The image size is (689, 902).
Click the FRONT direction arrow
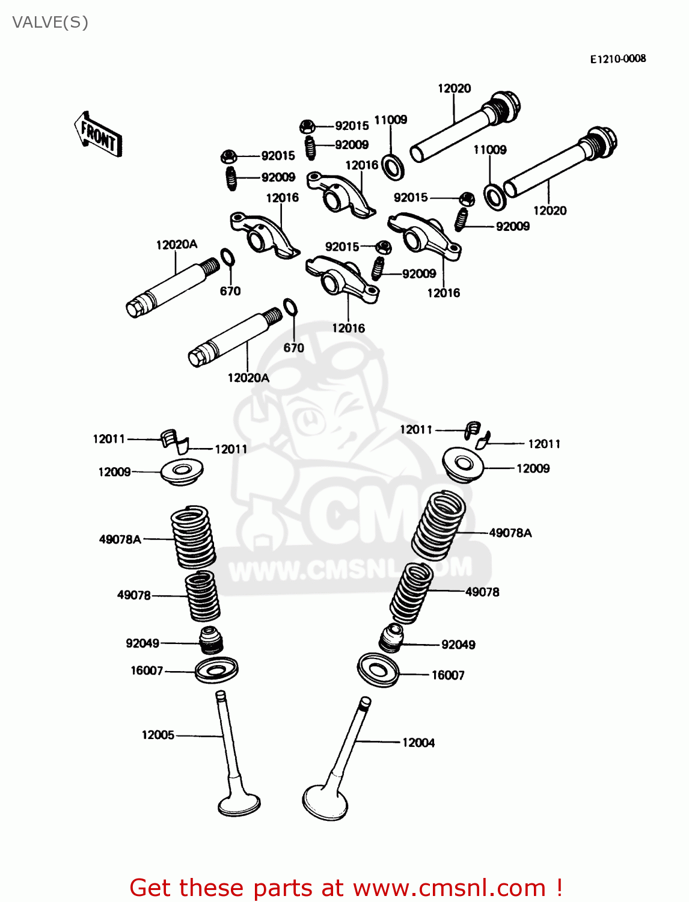point(98,135)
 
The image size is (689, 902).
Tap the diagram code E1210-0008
point(617,59)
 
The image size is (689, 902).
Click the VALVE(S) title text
point(51,23)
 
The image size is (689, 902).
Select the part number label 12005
point(158,735)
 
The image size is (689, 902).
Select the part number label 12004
point(418,743)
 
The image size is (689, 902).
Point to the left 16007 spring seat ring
point(216,670)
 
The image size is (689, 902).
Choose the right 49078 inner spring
point(412,592)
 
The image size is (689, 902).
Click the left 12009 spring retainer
point(182,471)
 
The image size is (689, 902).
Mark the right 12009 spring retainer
point(464,464)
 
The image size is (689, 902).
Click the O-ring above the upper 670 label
point(228,258)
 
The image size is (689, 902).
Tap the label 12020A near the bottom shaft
point(248,378)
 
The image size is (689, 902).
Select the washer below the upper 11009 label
point(393,167)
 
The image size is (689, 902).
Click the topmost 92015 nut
point(307,126)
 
